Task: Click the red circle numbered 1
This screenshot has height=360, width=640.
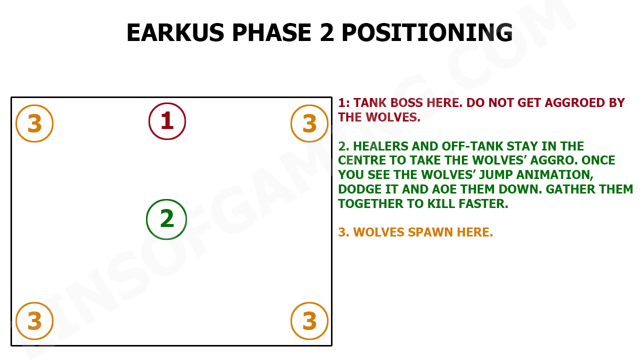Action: coord(149,121)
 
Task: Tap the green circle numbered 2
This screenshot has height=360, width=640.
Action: coord(147,219)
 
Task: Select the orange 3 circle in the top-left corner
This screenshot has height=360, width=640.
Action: coord(16,123)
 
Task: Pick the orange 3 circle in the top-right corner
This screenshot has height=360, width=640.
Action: coord(291,123)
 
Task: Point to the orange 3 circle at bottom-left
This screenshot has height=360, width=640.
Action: coord(16,321)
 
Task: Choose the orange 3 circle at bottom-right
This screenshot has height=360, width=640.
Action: coord(291,321)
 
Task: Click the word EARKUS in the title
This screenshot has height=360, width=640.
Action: coord(175,32)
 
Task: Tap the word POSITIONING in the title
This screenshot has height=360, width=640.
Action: coord(427,32)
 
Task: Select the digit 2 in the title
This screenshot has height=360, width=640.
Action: coord(326,32)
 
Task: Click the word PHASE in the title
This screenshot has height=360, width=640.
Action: coord(271,32)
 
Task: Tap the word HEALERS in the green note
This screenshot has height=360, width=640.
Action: coord(381,146)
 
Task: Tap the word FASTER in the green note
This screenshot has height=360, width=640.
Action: coord(483,204)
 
